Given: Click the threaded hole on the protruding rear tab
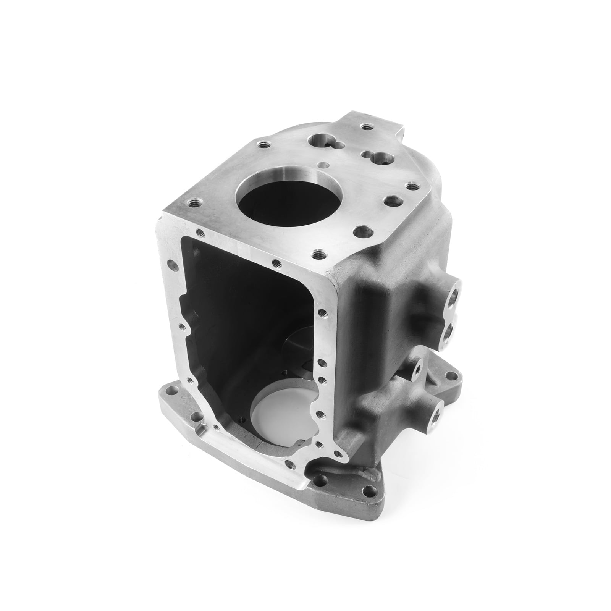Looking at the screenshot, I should pyautogui.click(x=367, y=126).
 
